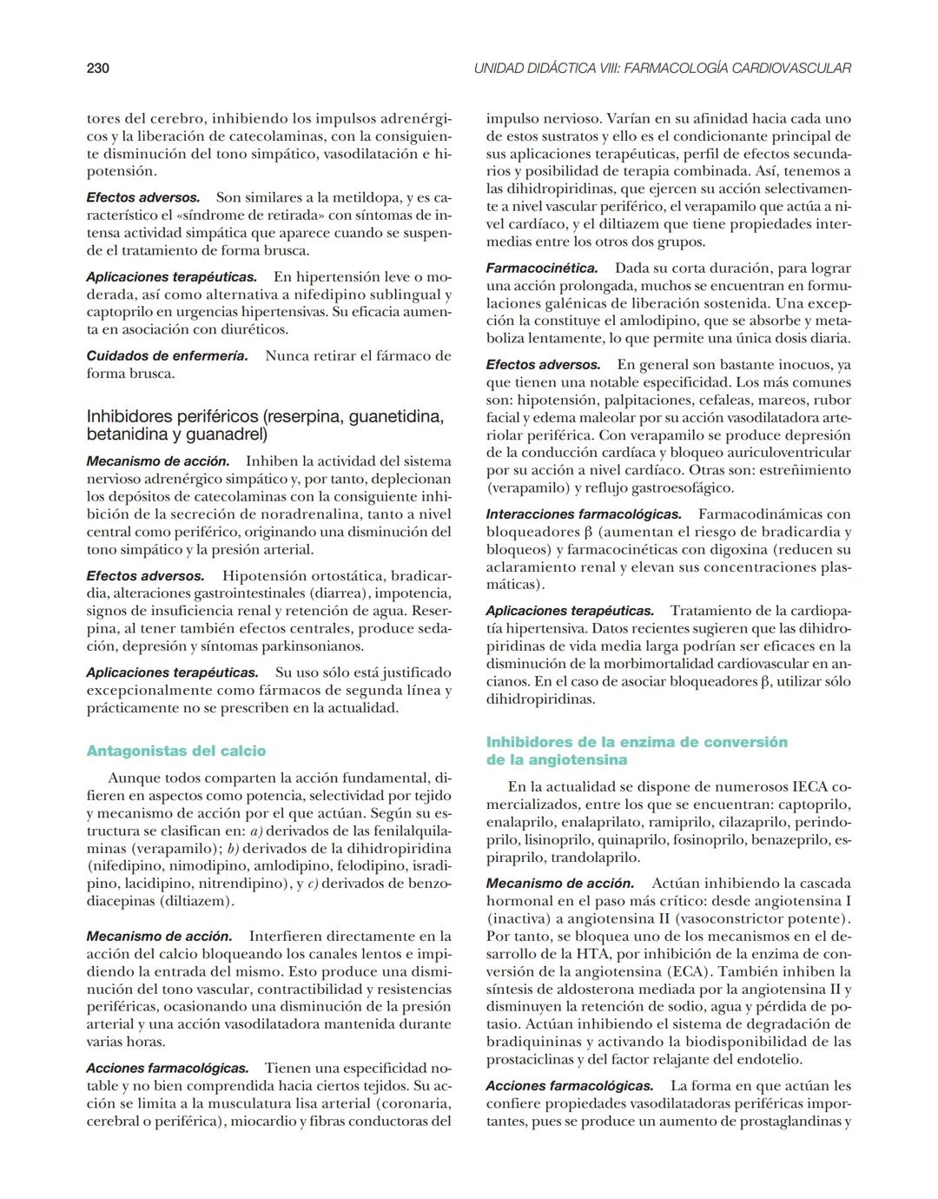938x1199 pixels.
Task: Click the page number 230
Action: pyautogui.click(x=97, y=68)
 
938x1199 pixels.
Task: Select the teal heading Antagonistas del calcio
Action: pyautogui.click(x=176, y=751)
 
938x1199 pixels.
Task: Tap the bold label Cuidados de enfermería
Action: pyautogui.click(x=167, y=355)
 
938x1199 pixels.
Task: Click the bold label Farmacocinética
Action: pyautogui.click(x=542, y=268)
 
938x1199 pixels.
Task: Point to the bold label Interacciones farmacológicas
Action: pyautogui.click(x=584, y=514)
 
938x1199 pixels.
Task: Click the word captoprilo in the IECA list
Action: pyautogui.click(x=815, y=805)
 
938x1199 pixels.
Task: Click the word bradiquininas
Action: pyautogui.click(x=534, y=1041)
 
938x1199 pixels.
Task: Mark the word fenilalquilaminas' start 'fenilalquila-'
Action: pyautogui.click(x=406, y=831)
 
